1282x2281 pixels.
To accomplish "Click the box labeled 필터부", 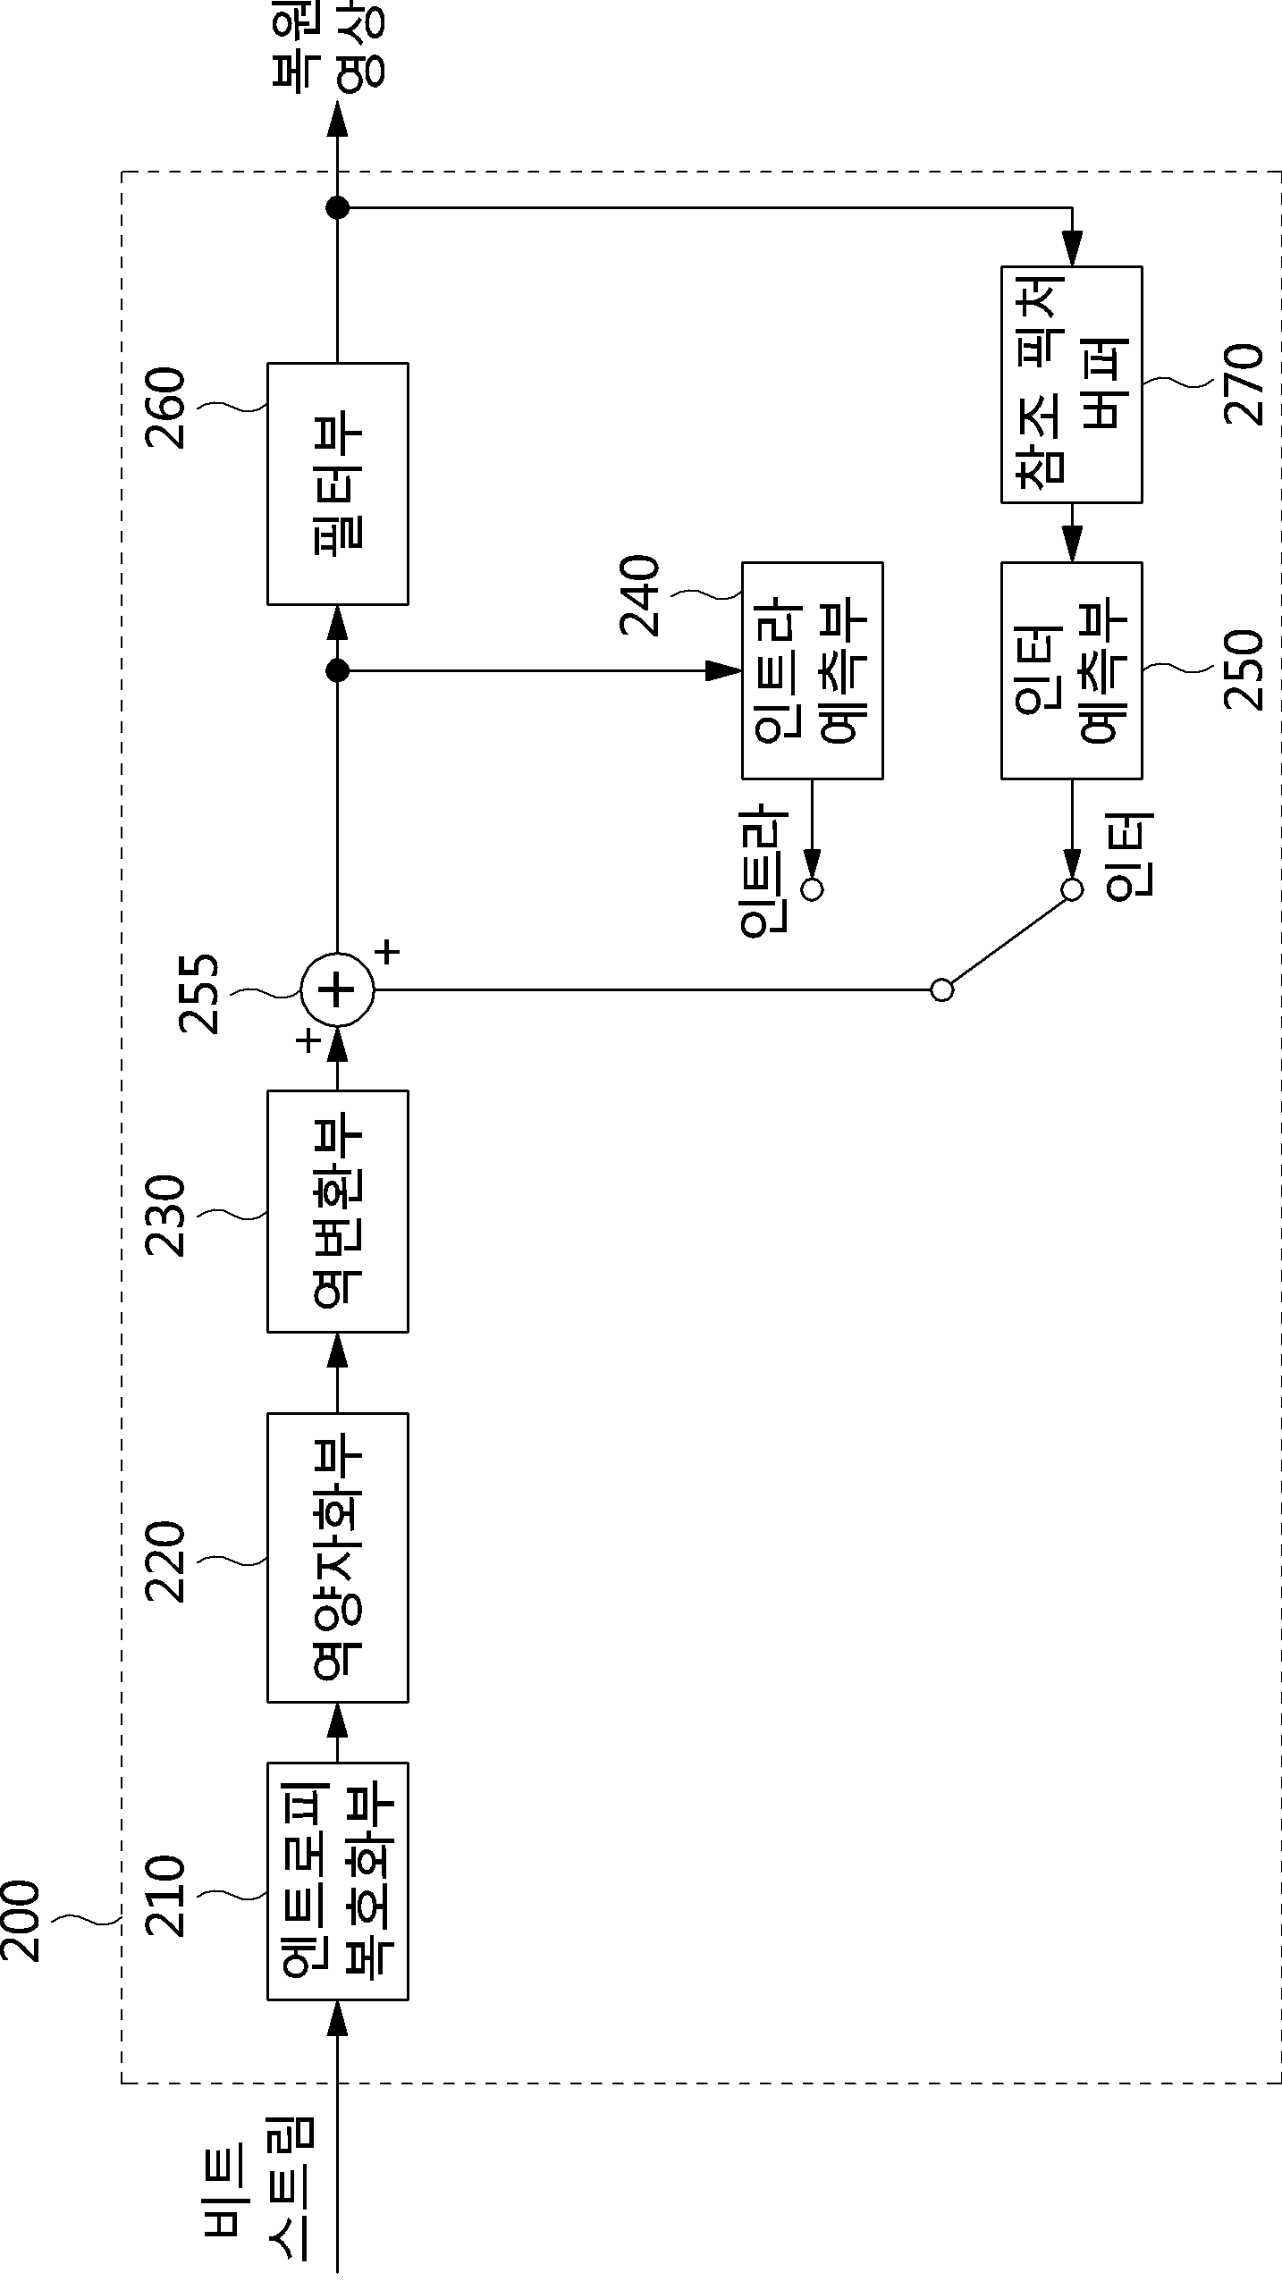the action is pyautogui.click(x=338, y=484).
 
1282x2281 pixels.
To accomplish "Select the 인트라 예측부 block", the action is pyautogui.click(x=813, y=670).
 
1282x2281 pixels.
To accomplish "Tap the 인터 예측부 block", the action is pyautogui.click(x=1071, y=670).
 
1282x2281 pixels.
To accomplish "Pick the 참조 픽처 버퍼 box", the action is pyautogui.click(x=1071, y=384).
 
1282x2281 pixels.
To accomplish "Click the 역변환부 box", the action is pyautogui.click(x=338, y=1211).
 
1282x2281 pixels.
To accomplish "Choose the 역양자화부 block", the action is pyautogui.click(x=338, y=1557).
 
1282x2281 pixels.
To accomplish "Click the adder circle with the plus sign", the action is pyautogui.click(x=337, y=990).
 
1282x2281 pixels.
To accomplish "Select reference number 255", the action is pyautogui.click(x=198, y=993).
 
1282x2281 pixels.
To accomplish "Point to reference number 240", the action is pyautogui.click(x=640, y=595).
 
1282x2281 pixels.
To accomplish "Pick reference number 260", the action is pyautogui.click(x=164, y=408).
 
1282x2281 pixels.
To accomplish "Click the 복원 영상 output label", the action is pyautogui.click(x=328, y=46).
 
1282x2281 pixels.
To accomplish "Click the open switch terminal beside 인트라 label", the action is pyautogui.click(x=813, y=889).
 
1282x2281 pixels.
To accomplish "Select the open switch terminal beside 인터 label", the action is pyautogui.click(x=1072, y=889).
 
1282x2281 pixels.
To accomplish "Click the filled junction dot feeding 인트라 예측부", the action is pyautogui.click(x=337, y=670).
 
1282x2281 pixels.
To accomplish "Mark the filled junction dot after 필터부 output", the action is pyautogui.click(x=337, y=208).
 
